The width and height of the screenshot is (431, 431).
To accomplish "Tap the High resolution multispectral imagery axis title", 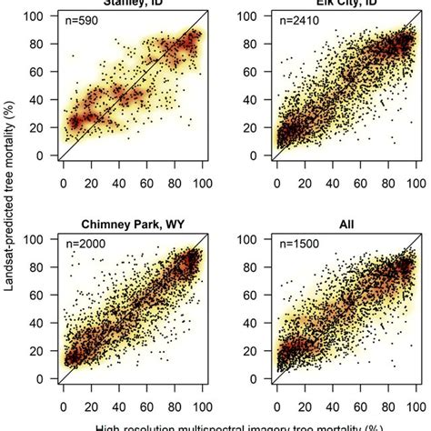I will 215,425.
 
